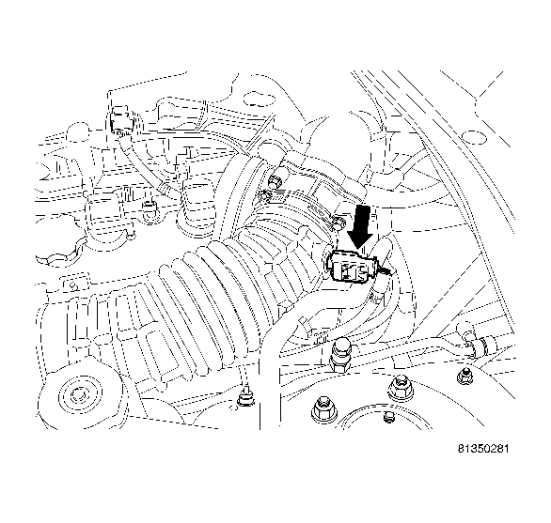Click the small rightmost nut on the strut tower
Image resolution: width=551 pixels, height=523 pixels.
point(462,376)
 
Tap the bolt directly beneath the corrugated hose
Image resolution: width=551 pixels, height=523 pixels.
point(246,398)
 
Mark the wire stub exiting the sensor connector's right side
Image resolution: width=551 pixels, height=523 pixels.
point(388,275)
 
